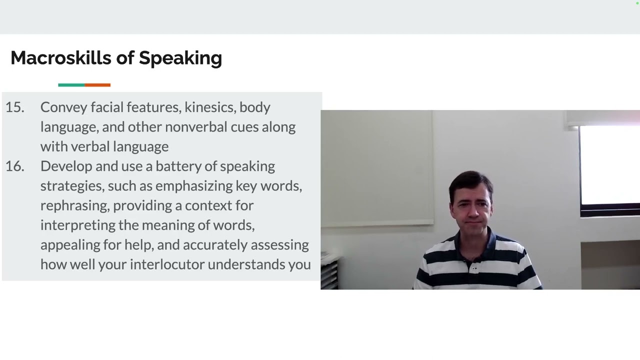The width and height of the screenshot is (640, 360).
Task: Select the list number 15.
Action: click(x=14, y=107)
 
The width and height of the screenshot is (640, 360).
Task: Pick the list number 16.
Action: click(x=14, y=166)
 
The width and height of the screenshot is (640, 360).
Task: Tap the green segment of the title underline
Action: click(x=71, y=85)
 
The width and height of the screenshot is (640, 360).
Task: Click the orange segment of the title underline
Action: click(x=97, y=85)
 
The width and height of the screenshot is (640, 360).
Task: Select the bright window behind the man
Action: click(x=609, y=165)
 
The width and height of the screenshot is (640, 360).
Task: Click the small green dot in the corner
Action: click(x=637, y=3)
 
